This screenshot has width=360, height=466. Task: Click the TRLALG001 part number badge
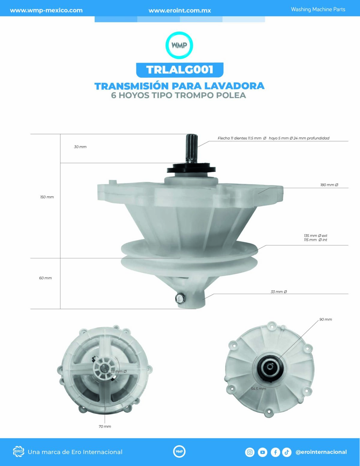180,70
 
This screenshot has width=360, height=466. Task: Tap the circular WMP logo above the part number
179,45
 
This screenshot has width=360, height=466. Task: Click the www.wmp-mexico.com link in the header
46,10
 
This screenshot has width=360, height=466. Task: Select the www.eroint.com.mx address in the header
180,11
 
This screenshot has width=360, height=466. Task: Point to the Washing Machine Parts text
318,9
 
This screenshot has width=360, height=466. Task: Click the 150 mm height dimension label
47,197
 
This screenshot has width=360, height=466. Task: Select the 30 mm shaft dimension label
80,147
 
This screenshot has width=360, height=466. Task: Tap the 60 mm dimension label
45,278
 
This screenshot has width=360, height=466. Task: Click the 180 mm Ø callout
329,185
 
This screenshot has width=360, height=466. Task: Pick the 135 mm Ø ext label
315,236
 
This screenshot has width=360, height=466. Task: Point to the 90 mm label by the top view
325,319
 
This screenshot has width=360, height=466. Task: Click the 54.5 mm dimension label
258,389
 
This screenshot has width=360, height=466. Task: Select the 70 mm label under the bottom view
105,426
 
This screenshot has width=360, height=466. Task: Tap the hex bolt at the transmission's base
179,298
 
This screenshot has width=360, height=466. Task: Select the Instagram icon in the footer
250,452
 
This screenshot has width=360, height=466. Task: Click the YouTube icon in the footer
262,452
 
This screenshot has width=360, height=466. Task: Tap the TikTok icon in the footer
287,452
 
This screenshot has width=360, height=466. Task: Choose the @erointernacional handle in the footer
321,452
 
